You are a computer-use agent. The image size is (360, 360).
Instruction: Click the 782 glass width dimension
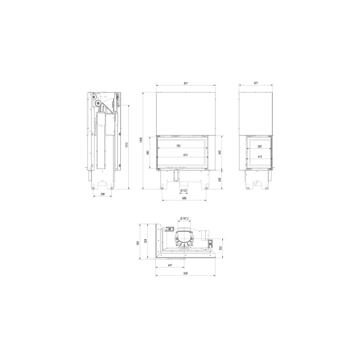pyautogui.click(x=179, y=146)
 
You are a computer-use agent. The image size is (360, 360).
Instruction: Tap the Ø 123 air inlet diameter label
pyautogui.click(x=183, y=191)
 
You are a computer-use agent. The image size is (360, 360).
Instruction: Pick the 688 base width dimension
pyautogui.click(x=183, y=198)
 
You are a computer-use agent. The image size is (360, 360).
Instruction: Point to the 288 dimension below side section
pyautogui.click(x=103, y=194)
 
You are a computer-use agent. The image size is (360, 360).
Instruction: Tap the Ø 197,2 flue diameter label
pyautogui.click(x=185, y=218)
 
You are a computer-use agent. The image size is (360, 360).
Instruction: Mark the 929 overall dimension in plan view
pyautogui.click(x=185, y=274)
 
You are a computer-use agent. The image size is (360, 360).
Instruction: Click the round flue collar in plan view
pyautogui.click(x=185, y=243)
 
